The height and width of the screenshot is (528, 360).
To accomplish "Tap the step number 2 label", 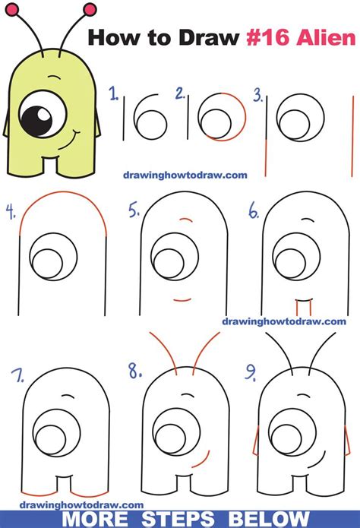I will pos(180,94).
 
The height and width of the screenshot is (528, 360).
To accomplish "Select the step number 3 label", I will pos(258,96).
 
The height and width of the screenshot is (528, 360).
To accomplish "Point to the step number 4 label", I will pos(10,210).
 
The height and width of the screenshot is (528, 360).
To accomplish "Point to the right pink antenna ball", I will pos(91,9).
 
